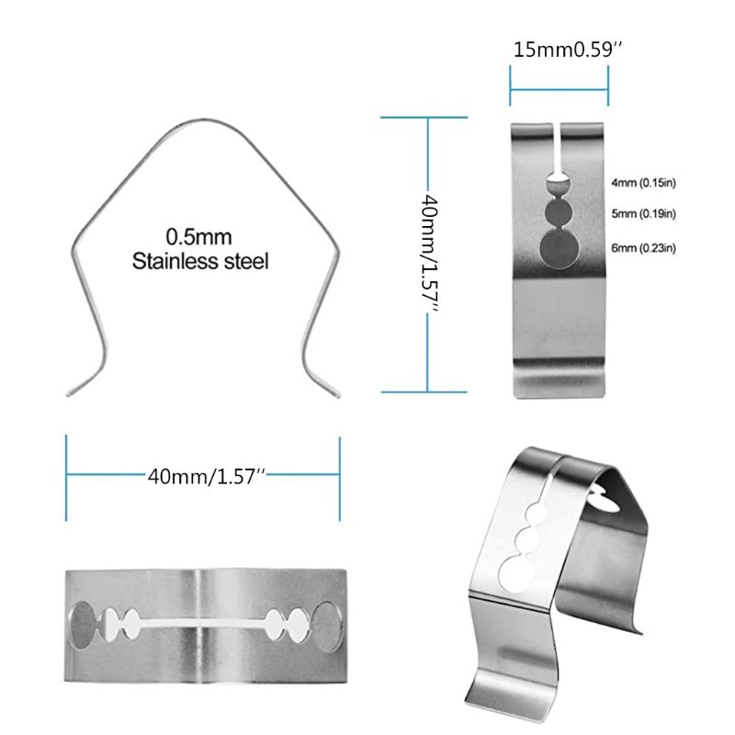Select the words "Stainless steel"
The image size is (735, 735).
point(200,262)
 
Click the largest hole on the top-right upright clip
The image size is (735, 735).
point(560,250)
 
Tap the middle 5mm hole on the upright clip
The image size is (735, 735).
point(559,213)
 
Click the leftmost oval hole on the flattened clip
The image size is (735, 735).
point(83,625)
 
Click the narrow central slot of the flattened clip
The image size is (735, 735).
point(204,627)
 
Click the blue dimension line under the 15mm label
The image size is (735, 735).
point(559,90)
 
